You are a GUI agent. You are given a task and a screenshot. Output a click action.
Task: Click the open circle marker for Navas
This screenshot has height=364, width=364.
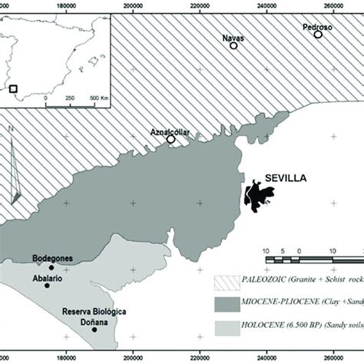234,46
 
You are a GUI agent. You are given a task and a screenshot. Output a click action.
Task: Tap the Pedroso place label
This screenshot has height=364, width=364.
317,27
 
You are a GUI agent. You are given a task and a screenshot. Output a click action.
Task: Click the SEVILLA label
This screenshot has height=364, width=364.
286,178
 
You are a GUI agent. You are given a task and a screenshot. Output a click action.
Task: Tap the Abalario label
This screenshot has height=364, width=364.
48,279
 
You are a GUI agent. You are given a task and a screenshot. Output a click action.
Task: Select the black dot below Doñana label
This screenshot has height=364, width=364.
94,330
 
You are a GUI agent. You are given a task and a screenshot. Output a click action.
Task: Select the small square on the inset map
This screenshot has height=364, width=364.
23,89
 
